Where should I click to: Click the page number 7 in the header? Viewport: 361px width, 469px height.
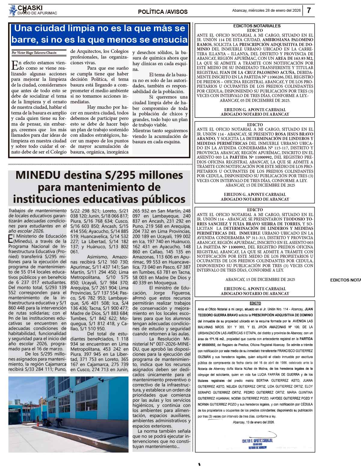click(x=309, y=10)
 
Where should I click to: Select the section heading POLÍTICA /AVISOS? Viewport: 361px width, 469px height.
click(x=162, y=12)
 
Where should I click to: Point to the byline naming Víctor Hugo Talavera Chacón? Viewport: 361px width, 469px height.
click(x=34, y=53)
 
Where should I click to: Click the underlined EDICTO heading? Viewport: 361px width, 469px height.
click(x=255, y=303)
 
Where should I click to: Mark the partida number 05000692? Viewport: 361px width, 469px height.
click(x=208, y=345)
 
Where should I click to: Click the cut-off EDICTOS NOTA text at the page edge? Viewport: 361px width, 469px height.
click(x=345, y=280)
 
